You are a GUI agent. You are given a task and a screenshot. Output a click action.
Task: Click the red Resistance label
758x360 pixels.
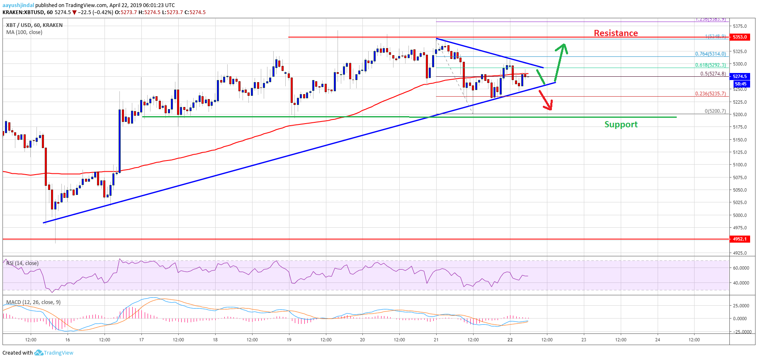[616, 33]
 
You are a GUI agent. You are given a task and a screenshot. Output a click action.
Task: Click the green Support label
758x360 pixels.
[621, 124]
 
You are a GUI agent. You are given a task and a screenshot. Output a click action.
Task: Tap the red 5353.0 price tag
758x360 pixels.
[740, 37]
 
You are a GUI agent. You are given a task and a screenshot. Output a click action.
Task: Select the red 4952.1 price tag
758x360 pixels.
[740, 239]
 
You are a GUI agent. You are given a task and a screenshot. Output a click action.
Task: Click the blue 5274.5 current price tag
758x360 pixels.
[740, 76]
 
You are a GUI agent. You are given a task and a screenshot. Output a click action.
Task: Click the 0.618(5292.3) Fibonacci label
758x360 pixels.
[710, 65]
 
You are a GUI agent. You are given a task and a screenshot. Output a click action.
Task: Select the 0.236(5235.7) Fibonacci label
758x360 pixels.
[710, 94]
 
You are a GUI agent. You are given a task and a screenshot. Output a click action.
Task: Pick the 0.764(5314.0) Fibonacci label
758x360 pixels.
[710, 54]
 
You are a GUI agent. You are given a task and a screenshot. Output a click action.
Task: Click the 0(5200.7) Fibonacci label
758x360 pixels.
[715, 111]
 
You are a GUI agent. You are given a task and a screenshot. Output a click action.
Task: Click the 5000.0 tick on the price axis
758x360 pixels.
[740, 215]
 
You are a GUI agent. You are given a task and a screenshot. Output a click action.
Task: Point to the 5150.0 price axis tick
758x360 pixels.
[740, 140]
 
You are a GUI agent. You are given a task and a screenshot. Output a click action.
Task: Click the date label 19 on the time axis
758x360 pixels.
[289, 340]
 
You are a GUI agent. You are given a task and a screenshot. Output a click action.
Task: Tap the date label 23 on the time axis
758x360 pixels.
[584, 340]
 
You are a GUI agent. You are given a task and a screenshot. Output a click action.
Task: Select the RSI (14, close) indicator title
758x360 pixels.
[22, 263]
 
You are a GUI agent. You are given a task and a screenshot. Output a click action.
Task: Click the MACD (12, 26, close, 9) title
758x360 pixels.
[33, 302]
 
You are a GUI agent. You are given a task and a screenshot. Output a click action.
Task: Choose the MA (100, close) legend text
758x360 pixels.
[24, 32]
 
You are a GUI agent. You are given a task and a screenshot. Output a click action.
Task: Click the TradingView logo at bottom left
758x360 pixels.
[54, 353]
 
